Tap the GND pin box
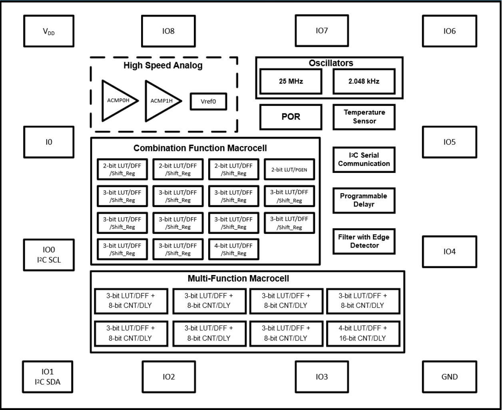coord(449,376)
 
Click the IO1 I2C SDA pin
coord(48,376)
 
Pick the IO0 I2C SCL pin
coord(48,255)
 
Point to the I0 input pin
coord(48,142)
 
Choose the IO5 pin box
coord(449,142)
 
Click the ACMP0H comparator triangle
coord(118,100)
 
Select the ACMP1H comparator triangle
coord(161,100)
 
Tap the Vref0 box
coord(208,101)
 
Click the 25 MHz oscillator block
coord(291,81)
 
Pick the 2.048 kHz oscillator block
coord(364,81)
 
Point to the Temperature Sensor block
coord(364,117)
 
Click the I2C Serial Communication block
coord(364,160)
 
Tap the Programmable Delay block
coord(364,200)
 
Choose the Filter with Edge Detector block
coord(364,241)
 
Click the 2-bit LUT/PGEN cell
coord(289,170)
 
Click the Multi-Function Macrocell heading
coord(238,278)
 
